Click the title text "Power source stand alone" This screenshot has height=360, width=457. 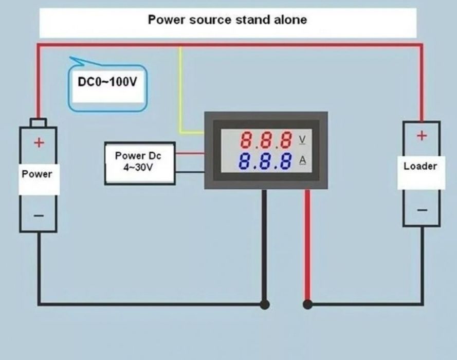tap(227, 20)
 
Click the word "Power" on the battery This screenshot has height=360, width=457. tap(37, 174)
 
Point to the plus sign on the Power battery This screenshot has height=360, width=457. tap(38, 142)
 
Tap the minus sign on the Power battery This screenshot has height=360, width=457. tap(38, 215)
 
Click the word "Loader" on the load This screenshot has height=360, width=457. tap(421, 166)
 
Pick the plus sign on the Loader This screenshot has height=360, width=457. tap(422, 136)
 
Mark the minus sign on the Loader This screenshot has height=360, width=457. tap(422, 210)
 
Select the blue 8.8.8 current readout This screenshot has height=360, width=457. tap(266, 161)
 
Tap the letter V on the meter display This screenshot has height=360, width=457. tap(302, 139)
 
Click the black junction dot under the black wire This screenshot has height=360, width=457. tap(264, 304)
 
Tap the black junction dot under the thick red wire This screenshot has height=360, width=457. tap(307, 304)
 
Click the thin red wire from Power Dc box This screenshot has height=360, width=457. tap(190, 153)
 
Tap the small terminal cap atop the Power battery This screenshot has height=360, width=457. tap(38, 123)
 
